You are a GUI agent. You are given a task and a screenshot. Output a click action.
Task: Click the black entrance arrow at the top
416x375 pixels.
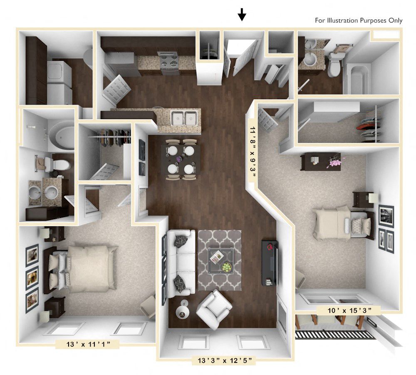(x=242, y=15)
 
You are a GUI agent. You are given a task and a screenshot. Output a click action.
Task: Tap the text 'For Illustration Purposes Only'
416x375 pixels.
(x=359, y=20)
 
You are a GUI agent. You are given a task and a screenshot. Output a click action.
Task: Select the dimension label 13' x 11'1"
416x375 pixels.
(x=88, y=344)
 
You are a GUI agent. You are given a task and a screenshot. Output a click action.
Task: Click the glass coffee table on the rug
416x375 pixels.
(x=220, y=261)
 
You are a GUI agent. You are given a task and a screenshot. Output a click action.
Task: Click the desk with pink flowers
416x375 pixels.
(x=320, y=161)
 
